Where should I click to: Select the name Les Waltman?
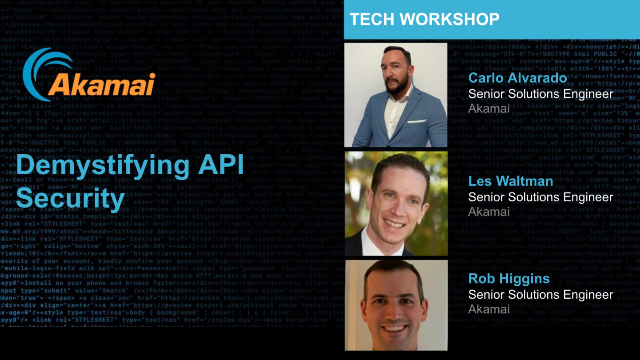(510, 182)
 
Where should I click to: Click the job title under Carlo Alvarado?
(540, 94)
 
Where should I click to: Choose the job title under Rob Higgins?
(540, 294)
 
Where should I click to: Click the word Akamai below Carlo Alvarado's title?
(490, 111)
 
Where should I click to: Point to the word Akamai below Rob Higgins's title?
(490, 311)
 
